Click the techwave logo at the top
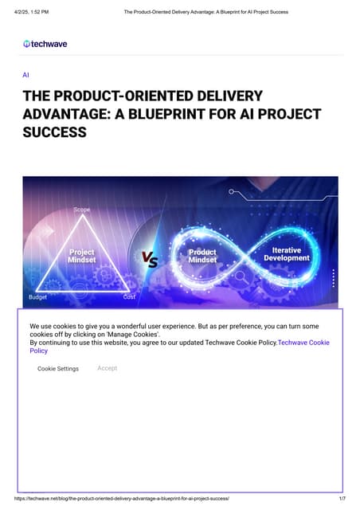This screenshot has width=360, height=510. coord(45,44)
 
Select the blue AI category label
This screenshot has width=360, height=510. coord(26,74)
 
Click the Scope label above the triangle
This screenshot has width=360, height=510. coord(82,210)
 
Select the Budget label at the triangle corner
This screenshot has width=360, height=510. coord(37,296)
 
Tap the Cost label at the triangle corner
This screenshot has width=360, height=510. coord(129,296)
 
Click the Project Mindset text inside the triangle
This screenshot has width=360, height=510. coord(81,257)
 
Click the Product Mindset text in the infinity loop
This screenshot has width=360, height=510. coord(202,256)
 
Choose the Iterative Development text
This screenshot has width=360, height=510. coord(286,253)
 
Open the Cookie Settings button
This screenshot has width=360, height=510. coord(58,369)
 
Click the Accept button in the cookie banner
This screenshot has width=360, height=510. coord(107,368)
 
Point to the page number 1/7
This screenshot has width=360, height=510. coord(342,497)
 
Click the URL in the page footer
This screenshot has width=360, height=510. coord(122,497)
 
